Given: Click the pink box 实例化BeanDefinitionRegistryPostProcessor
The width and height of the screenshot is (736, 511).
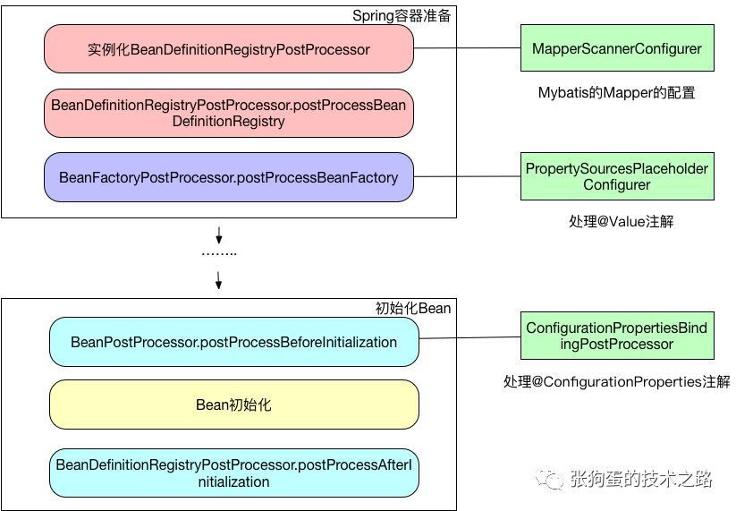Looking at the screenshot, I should click(x=229, y=49).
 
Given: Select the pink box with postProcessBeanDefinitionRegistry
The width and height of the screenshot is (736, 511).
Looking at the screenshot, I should click(x=229, y=114).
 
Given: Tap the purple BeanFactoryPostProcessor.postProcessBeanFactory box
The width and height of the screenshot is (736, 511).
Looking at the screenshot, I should click(x=229, y=177).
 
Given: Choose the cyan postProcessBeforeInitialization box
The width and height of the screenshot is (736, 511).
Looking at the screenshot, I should click(x=233, y=342).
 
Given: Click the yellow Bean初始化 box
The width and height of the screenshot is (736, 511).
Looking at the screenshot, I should click(x=233, y=405).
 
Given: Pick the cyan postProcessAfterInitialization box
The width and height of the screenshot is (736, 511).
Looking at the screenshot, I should click(x=233, y=473).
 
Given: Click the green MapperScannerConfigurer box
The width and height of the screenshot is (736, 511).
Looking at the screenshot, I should click(x=617, y=48).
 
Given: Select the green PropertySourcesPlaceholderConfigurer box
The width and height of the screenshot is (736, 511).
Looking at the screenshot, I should click(x=617, y=176).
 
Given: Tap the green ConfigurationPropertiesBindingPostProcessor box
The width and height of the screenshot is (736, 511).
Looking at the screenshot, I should click(x=617, y=336).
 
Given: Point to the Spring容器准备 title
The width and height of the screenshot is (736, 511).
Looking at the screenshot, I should click(x=402, y=16).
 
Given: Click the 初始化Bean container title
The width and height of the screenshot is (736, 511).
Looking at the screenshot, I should click(x=412, y=309).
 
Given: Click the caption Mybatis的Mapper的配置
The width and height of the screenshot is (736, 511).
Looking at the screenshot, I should click(x=617, y=92).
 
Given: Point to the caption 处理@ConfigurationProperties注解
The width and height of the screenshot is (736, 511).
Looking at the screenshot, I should click(x=617, y=382).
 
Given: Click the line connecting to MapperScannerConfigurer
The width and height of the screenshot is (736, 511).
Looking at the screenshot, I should click(x=467, y=48).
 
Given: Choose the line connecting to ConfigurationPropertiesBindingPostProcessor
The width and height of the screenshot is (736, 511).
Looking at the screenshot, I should click(x=470, y=337).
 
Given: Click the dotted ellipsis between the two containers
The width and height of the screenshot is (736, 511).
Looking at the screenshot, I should click(x=219, y=253).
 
